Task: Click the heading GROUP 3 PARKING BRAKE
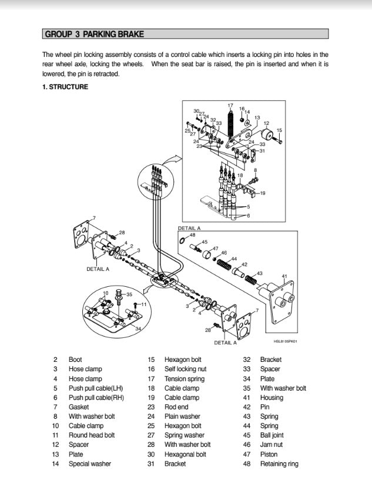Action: click(94, 35)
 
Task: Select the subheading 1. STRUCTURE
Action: click(65, 87)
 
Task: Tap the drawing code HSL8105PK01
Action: click(285, 341)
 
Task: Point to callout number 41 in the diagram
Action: click(284, 276)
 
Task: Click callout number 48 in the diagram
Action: click(192, 235)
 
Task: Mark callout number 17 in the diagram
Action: click(230, 106)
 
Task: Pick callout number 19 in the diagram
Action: click(262, 193)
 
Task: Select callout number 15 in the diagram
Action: click(279, 130)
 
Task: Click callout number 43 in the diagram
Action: click(260, 273)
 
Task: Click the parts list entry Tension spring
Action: click(185, 379)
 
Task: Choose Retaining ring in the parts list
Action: click(279, 464)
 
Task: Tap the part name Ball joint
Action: click(273, 435)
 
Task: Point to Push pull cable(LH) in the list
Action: click(96, 388)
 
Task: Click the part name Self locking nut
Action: click(188, 369)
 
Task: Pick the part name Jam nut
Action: click(272, 445)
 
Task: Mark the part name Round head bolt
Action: click(92, 435)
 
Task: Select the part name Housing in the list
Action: click(272, 398)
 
